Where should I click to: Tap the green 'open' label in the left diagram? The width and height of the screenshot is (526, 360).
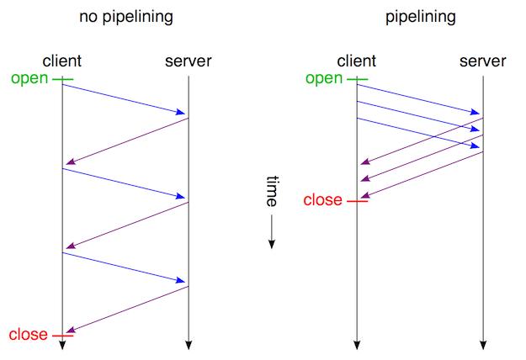tap(30, 79)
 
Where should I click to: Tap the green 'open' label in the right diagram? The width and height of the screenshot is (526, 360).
tap(325, 79)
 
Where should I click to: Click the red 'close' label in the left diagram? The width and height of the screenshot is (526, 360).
tap(29, 335)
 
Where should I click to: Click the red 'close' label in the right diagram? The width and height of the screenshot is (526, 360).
tap(322, 200)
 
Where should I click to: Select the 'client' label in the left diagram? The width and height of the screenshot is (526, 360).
tap(62, 61)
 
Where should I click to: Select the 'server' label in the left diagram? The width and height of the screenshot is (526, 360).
tap(189, 61)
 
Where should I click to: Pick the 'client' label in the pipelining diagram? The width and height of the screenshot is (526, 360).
tap(357, 61)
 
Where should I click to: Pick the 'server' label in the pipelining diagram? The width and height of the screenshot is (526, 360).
tap(483, 61)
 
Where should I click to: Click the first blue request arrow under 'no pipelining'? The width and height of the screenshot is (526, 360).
tap(125, 98)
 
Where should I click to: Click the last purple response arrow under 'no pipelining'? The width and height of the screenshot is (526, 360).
tap(125, 310)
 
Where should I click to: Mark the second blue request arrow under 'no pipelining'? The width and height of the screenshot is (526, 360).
tap(125, 183)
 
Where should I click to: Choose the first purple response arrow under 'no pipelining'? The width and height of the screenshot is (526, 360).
tap(125, 141)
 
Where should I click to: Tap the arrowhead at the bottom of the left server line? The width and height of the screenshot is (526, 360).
tap(189, 344)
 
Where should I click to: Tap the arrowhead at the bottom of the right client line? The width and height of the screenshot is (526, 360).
tap(357, 344)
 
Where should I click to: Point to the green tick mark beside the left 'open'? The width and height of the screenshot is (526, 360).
tap(63, 80)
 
